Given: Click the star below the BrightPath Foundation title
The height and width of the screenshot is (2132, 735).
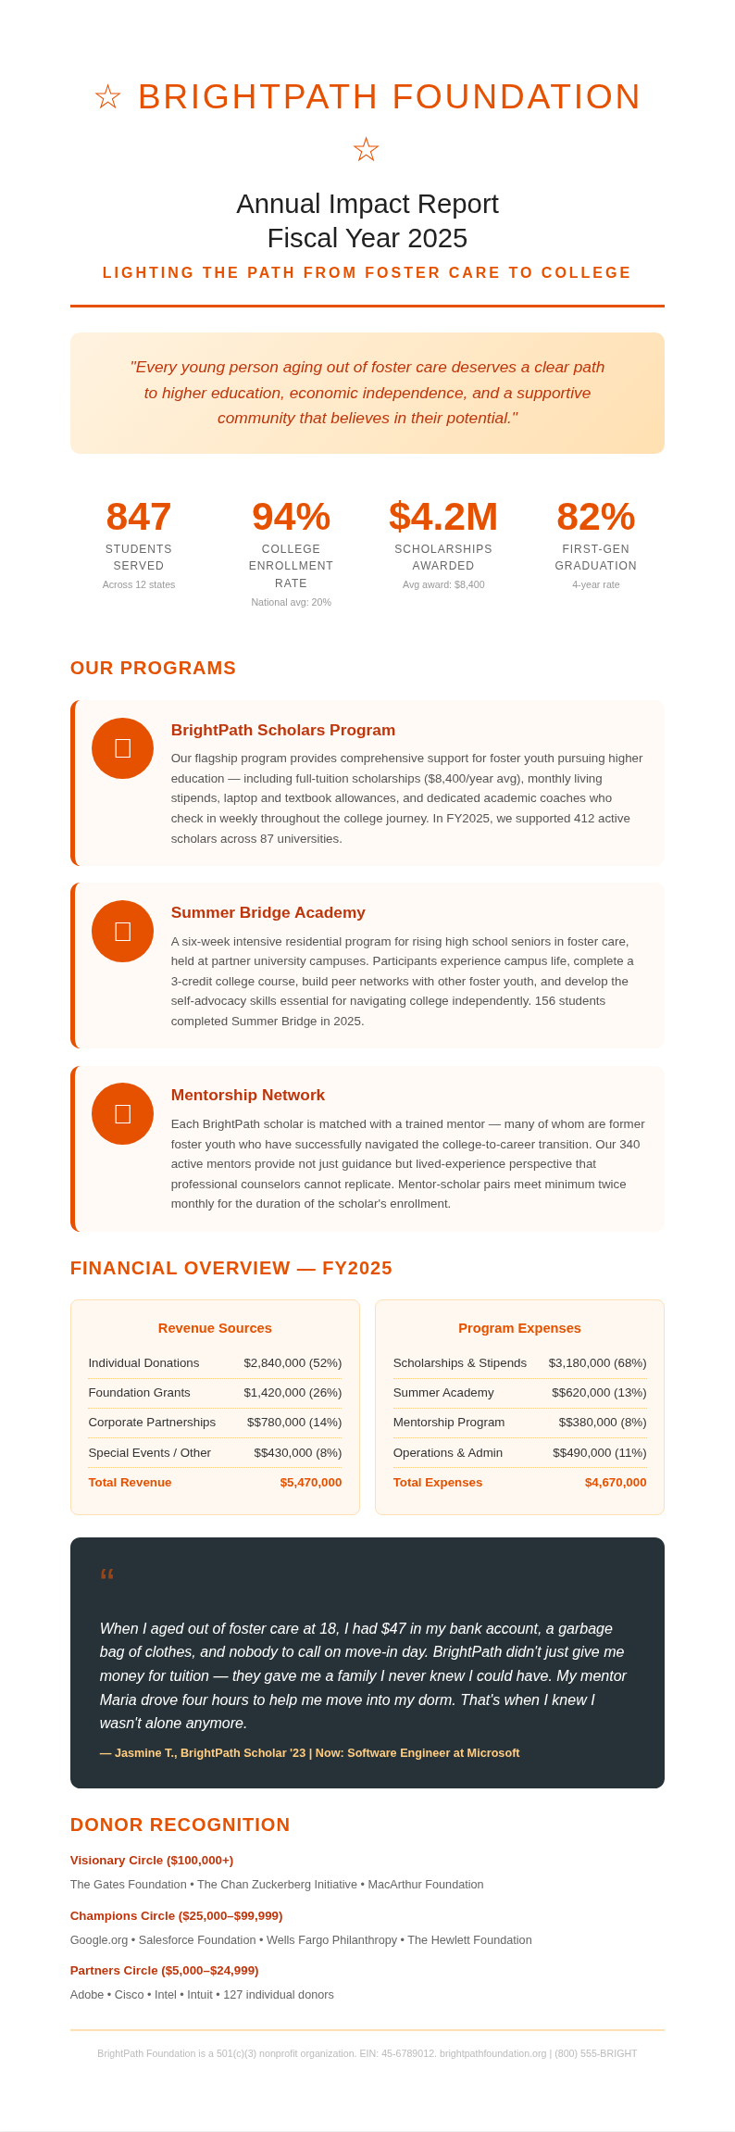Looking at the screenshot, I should pos(367,150).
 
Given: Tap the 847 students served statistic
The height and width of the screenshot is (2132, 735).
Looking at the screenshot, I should pos(139,517).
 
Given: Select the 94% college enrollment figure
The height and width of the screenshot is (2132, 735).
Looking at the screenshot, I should pos(291,517).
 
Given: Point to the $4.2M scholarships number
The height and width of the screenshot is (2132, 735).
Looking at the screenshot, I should pos(443,517).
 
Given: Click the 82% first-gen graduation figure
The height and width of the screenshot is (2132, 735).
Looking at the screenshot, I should pos(595,517).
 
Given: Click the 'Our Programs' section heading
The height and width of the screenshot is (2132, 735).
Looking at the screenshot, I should pos(153,668).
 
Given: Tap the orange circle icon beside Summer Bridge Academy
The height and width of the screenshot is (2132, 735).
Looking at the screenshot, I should pos(122,931).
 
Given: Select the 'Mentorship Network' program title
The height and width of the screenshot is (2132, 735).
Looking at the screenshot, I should pos(247,1095).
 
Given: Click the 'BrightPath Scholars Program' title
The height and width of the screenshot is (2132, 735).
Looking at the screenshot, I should pos(282,730).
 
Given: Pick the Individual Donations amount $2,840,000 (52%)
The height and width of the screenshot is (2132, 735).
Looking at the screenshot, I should pos(293,1362).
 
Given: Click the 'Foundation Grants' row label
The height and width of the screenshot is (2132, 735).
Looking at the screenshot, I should pos(139,1392).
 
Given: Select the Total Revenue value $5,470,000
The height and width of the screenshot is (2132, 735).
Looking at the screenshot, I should pos(310,1482).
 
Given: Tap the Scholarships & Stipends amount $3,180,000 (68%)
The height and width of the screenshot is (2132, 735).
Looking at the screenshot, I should pos(597,1362).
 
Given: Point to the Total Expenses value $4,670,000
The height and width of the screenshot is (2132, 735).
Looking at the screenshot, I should pos(615,1482).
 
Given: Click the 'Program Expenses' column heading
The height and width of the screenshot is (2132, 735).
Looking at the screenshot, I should pos(519,1328).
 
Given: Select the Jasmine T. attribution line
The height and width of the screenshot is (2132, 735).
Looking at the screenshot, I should pos(309,1752).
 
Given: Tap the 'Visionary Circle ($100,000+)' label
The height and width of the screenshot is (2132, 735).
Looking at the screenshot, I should pos(152,1860).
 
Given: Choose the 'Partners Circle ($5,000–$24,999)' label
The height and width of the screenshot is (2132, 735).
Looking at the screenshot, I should pos(164,1970).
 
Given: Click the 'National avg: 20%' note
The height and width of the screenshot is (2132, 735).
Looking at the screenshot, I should pos(291,602).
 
